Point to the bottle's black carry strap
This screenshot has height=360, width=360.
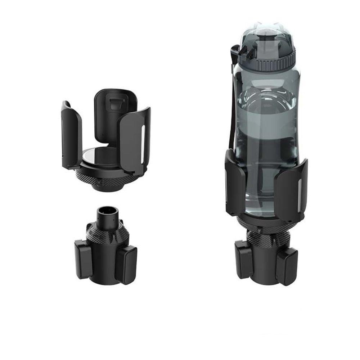tap(230, 108)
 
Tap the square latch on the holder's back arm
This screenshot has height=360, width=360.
tap(114, 104)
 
